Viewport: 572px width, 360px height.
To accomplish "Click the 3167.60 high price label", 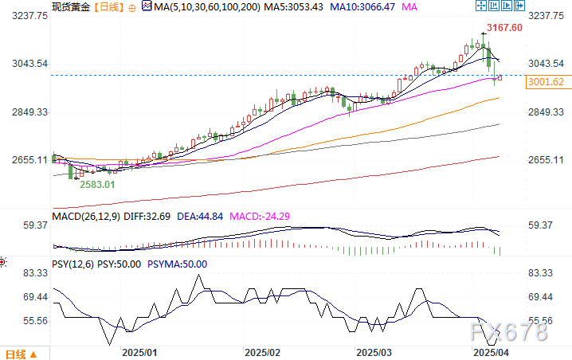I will click(x=505, y=27).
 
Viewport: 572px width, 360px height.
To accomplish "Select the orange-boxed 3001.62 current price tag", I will click(x=546, y=81).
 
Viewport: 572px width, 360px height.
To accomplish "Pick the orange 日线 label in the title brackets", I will click(x=108, y=6).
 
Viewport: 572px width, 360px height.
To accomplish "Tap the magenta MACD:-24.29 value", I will click(x=260, y=215).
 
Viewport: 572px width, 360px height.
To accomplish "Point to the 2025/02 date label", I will click(x=263, y=352).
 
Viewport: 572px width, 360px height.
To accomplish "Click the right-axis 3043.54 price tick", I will click(x=547, y=64).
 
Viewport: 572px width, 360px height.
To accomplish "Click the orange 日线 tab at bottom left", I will click(x=16, y=353).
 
